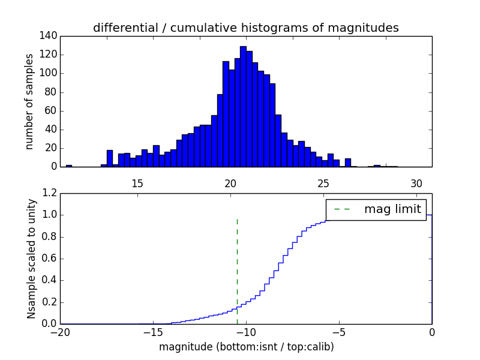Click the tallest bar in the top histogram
(243, 108)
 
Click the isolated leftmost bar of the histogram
(68, 166)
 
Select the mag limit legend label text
(392, 209)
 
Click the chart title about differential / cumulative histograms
(245, 28)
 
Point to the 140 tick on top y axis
(50, 36)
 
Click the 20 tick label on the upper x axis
(231, 184)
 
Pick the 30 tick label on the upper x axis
(417, 184)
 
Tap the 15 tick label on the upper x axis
(137, 184)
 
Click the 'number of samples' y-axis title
(29, 101)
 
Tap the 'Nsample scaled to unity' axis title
(31, 258)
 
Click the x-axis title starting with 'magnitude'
(246, 347)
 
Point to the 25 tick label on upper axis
(324, 184)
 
